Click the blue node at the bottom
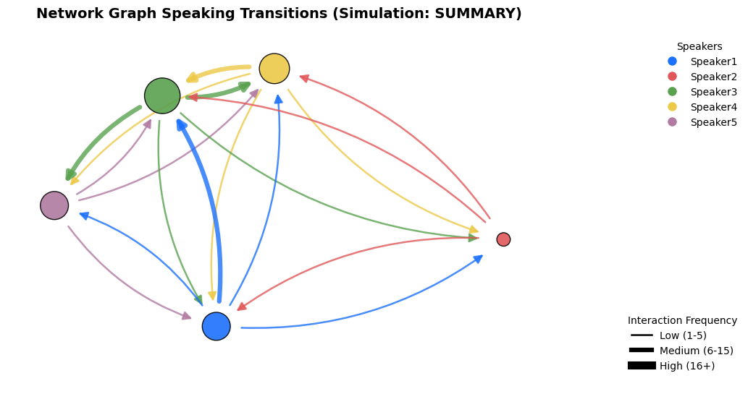(x=216, y=326)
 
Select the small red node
(x=503, y=239)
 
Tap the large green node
(x=162, y=95)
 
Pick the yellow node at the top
(x=274, y=69)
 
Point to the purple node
(x=54, y=205)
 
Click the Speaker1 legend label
(x=714, y=61)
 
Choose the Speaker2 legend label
(x=714, y=77)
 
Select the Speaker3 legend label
(x=714, y=92)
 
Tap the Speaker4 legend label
(x=714, y=107)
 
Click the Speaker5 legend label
(x=714, y=122)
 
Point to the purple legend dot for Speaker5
(x=672, y=122)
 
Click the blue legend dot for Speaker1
(x=672, y=61)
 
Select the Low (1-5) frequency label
(x=683, y=335)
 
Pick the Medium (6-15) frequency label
(x=697, y=351)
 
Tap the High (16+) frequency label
(x=687, y=366)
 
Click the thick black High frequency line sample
(x=642, y=365)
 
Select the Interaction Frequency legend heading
(x=682, y=321)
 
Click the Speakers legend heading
(x=699, y=46)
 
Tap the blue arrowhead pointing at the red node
(x=478, y=259)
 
